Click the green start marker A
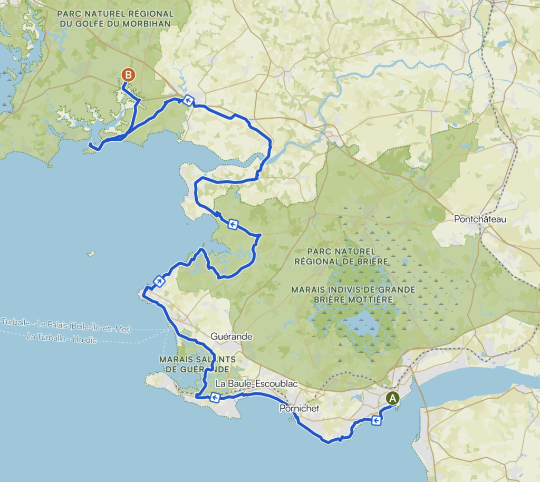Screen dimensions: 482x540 point(392,399)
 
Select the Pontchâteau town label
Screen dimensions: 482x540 point(479,219)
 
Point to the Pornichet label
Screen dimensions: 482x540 point(300,408)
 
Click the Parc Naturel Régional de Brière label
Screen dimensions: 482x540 point(341,256)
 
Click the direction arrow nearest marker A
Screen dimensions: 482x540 point(377,420)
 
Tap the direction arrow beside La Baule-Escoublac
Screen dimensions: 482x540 point(215,398)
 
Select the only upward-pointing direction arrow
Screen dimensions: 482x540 point(158,281)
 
